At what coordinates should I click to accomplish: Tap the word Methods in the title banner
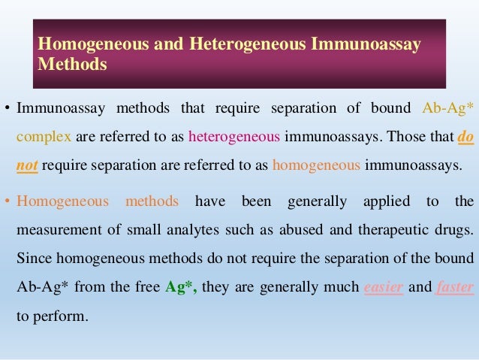72,65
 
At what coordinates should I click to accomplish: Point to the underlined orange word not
27,165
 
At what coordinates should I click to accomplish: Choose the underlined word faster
455,286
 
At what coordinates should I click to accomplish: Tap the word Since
32,258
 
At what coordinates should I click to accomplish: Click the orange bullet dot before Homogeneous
8,202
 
